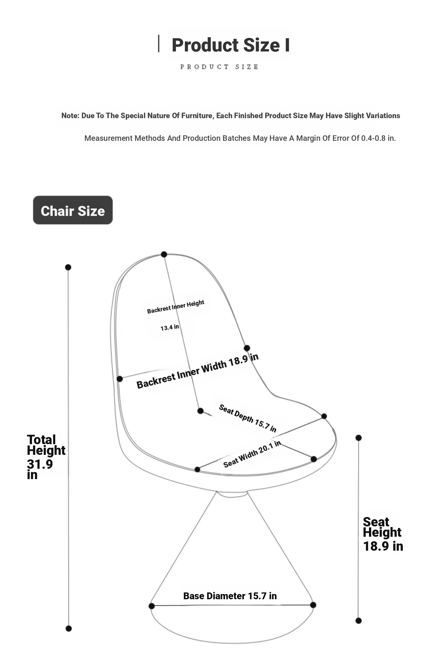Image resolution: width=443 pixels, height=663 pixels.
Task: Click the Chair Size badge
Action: coord(73,210)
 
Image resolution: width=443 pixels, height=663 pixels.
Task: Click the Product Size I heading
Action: coord(230,45)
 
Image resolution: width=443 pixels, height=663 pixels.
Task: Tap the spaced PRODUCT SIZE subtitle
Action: coord(219,67)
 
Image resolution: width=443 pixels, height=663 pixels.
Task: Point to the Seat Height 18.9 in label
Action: coord(383,534)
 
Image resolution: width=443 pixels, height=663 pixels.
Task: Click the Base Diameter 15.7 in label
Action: coord(230,596)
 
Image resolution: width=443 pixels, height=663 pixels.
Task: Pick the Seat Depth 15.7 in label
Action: coord(248,418)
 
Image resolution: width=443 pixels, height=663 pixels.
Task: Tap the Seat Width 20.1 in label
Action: coord(252,454)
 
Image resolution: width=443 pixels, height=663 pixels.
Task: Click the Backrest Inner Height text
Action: coord(176,307)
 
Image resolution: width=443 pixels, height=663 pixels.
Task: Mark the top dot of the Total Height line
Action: coord(68,267)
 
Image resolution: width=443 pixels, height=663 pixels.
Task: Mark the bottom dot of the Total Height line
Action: coord(69,628)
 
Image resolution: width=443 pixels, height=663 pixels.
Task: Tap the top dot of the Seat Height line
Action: coord(358,438)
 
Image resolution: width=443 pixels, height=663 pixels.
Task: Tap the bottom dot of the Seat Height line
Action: coord(358,621)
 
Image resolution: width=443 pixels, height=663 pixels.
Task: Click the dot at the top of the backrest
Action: coord(164,254)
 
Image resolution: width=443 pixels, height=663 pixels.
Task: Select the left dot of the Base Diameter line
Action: coord(152,606)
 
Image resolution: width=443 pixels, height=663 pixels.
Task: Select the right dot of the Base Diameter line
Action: coord(313,605)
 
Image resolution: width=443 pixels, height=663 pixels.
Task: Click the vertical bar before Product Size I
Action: coord(158,44)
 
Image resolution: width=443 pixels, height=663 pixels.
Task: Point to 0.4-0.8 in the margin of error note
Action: coord(373,138)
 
